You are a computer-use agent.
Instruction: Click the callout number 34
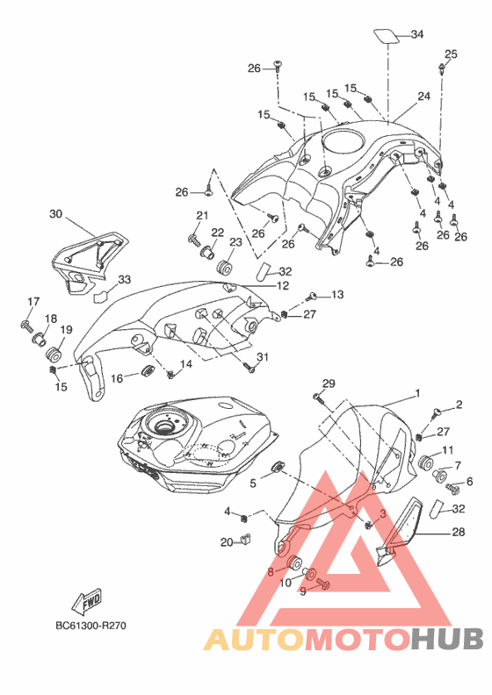tap(417, 34)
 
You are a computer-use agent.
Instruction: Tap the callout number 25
tap(451, 54)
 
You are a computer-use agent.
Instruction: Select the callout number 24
tap(423, 96)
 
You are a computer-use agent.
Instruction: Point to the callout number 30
tap(56, 214)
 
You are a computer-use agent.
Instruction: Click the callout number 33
tap(124, 280)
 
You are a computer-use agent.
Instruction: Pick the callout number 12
tap(283, 286)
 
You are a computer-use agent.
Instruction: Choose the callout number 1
tap(417, 393)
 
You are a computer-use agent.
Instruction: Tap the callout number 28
tap(458, 532)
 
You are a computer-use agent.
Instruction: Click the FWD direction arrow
tap(87, 601)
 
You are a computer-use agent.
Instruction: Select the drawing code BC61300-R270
tap(91, 626)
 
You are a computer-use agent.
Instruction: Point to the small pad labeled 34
tap(386, 36)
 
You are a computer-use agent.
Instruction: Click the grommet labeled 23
tap(225, 269)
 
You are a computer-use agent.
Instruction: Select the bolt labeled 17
tap(26, 326)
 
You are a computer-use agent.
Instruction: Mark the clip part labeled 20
tap(245, 539)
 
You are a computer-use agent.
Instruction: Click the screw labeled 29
tap(320, 398)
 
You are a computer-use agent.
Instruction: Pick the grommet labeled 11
tap(426, 462)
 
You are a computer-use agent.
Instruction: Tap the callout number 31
tap(263, 357)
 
